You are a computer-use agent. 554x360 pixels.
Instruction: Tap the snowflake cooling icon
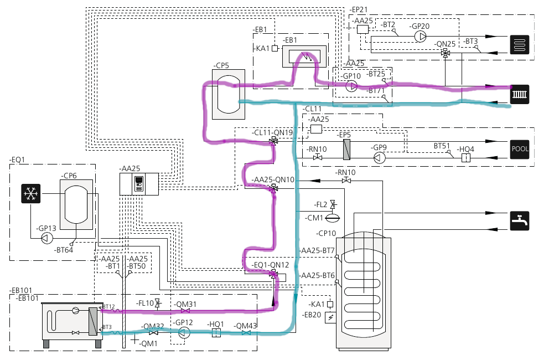pyautogui.click(x=30, y=193)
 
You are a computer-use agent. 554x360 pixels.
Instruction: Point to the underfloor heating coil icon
pyautogui.click(x=520, y=44)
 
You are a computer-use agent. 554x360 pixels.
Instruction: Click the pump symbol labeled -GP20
pyautogui.click(x=420, y=37)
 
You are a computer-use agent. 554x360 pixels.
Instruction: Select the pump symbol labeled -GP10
pyautogui.click(x=351, y=86)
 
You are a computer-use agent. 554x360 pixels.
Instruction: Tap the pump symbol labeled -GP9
pyautogui.click(x=379, y=158)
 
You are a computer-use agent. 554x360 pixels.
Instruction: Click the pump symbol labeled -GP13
pyautogui.click(x=47, y=239)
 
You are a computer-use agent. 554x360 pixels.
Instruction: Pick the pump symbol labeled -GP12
pyautogui.click(x=184, y=332)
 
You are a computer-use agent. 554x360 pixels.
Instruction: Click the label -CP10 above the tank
pyautogui.click(x=327, y=233)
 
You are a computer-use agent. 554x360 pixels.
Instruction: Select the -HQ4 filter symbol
pyautogui.click(x=465, y=158)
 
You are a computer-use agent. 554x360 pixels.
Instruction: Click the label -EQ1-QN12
pyautogui.click(x=271, y=265)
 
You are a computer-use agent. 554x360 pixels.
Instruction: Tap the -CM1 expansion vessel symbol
pyautogui.click(x=332, y=218)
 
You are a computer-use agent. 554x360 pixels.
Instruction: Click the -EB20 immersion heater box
pyautogui.click(x=331, y=318)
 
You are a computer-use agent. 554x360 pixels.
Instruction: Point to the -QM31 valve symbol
pyautogui.click(x=185, y=311)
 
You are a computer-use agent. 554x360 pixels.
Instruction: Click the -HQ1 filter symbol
pyautogui.click(x=216, y=332)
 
